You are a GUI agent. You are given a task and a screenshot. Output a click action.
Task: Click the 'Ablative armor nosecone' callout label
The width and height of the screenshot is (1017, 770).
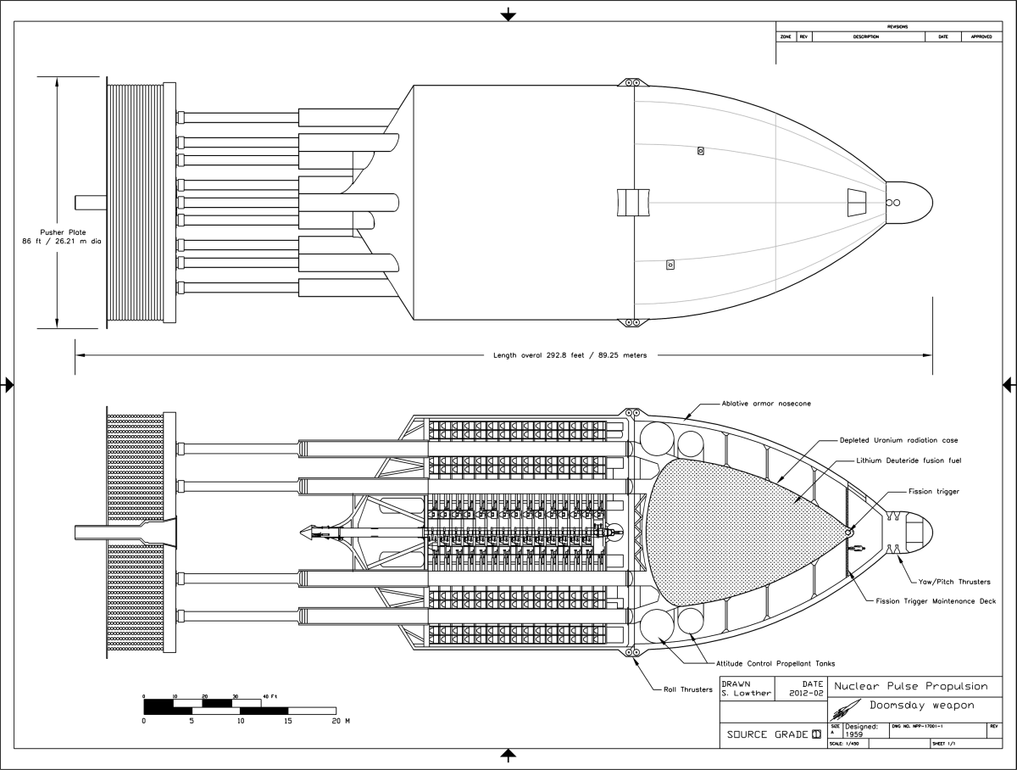[766, 404]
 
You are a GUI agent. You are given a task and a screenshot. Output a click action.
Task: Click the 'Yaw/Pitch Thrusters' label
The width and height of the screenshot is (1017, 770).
[954, 582]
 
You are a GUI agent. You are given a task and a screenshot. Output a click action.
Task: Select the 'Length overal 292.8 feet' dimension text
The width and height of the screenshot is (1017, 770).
[570, 355]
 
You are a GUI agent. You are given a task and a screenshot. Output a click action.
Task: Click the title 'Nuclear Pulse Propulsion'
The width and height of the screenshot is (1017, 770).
[911, 686]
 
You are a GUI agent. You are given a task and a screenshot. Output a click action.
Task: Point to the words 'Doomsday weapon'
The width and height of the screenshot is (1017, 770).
[921, 706]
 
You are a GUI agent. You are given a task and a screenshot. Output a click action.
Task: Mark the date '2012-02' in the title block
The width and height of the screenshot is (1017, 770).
[805, 693]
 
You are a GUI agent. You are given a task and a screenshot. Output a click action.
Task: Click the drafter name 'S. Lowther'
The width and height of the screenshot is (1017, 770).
[747, 693]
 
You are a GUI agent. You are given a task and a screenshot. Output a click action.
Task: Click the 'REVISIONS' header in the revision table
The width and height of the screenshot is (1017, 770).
[897, 27]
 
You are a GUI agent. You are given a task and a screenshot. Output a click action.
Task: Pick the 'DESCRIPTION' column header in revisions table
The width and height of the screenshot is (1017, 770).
[866, 37]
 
